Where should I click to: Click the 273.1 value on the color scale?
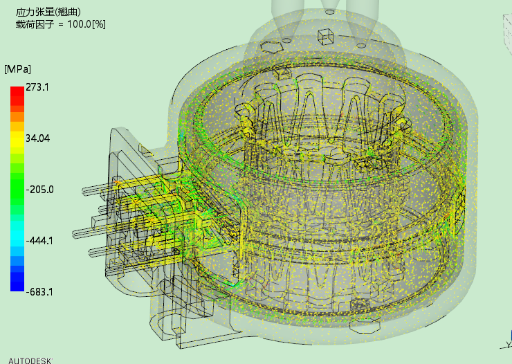[37, 87]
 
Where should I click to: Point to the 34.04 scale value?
[38, 138]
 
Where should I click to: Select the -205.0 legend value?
[40, 190]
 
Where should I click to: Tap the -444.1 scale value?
[39, 241]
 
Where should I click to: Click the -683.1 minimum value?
[39, 292]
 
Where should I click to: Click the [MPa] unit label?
[17, 69]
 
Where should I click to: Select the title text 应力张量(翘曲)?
[48, 12]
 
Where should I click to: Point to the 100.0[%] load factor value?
[86, 24]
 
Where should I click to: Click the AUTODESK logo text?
[30, 361]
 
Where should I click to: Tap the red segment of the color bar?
[17, 95]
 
